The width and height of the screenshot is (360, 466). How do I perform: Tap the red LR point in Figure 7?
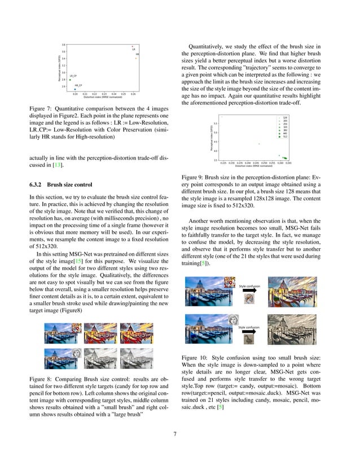[x=133, y=46]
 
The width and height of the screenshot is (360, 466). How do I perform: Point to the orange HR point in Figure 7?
[x=136, y=58]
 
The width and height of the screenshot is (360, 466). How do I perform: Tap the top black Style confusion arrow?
[x=248, y=292]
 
